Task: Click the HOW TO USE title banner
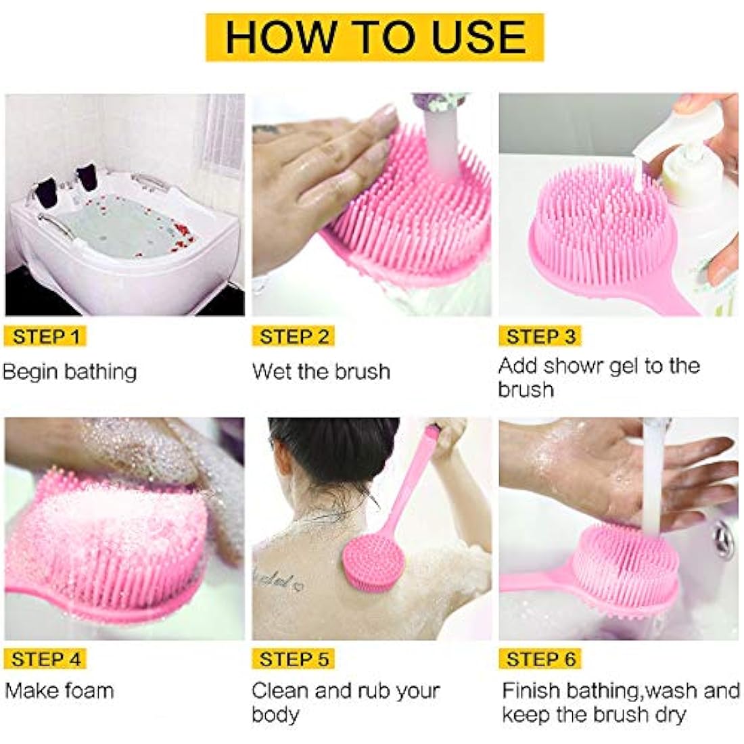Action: pos(375,37)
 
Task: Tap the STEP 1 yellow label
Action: pos(46,336)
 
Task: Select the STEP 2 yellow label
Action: pos(294,336)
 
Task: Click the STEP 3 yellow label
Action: pos(540,336)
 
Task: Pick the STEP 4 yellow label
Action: pos(46,659)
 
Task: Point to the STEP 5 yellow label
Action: pos(294,659)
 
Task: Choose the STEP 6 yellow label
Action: pos(540,659)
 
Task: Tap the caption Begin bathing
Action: pos(70,372)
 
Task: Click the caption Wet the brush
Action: pos(321,371)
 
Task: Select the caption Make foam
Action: pos(60,691)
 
